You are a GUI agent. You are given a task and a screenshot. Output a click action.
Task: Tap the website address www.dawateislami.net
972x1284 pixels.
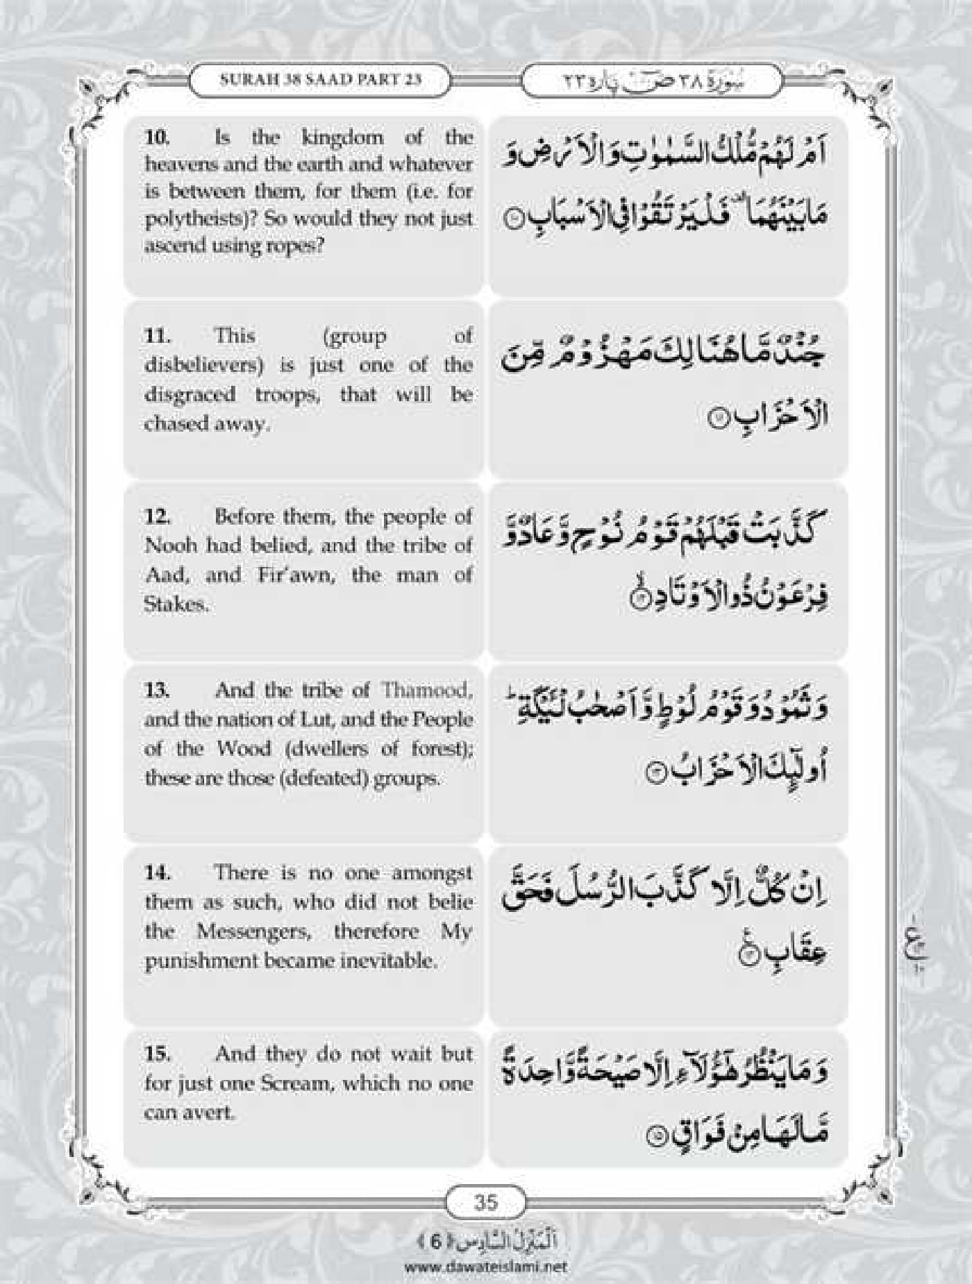click(x=485, y=1266)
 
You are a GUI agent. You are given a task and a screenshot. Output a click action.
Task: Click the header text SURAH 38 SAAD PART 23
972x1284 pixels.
click(x=320, y=78)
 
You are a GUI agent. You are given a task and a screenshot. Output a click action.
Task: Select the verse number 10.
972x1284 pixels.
click(x=157, y=137)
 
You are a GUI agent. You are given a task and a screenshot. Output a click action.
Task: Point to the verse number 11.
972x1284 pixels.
click(x=157, y=336)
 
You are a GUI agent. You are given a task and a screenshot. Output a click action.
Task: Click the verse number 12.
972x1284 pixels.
click(x=158, y=516)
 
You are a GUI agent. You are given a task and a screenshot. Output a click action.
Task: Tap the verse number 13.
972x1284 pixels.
click(x=158, y=690)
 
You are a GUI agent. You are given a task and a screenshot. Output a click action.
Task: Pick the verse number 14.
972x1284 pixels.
click(x=158, y=872)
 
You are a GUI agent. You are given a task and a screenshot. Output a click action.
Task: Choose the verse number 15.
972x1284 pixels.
click(x=158, y=1054)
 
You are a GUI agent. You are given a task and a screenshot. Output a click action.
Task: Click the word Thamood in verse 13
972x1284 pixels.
click(x=426, y=690)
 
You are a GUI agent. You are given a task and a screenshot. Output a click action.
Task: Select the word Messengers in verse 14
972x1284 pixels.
click(x=254, y=931)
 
